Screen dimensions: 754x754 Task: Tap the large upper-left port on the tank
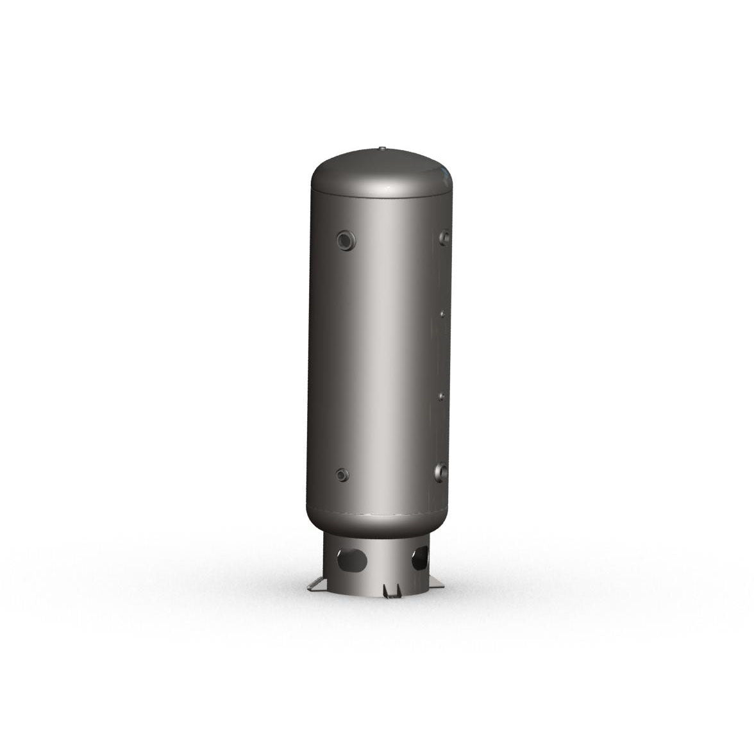[346, 240]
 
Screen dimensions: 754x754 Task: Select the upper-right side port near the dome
[444, 237]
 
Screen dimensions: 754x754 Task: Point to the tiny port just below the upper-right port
[442, 314]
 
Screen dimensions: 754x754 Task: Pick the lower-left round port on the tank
[342, 475]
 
